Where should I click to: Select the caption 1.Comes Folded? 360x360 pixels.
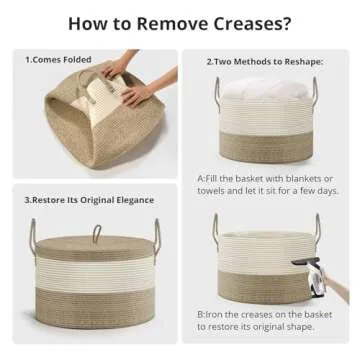(58, 60)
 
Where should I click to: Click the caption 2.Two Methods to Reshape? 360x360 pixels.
(265, 62)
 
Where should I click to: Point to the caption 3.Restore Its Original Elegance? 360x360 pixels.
(89, 200)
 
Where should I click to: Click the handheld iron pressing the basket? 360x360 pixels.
(307, 277)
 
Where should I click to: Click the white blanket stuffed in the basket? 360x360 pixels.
(265, 88)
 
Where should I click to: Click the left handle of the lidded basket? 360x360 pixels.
(33, 237)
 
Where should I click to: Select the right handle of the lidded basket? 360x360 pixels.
(156, 236)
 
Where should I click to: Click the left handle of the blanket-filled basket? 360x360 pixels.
(217, 94)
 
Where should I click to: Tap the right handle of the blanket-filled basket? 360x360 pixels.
(315, 93)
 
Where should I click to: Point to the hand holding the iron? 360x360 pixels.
(336, 286)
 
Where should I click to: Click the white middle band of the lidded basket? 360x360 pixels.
(95, 272)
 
